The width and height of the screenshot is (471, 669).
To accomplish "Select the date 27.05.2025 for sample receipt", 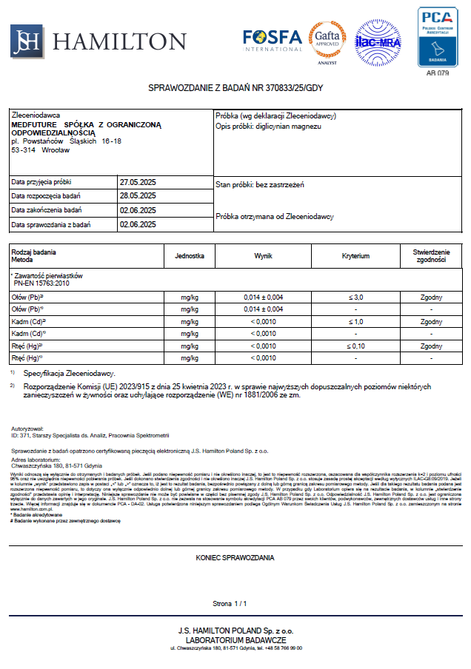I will coord(138,181).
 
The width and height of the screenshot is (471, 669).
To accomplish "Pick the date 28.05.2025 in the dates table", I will coord(138,196).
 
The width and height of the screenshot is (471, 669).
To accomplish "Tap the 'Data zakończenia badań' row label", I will coord(46,210).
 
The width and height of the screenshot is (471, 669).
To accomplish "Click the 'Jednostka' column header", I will coord(190,256).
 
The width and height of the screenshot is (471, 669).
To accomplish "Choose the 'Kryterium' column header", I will coord(355,256).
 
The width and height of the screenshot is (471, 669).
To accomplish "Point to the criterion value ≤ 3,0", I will coord(355,297).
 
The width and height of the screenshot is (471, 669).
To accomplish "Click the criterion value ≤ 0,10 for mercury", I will coord(355,346).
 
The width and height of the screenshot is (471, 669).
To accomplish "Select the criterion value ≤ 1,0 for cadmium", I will coord(355,322).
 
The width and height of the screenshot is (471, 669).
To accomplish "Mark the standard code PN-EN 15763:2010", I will coord(41,283).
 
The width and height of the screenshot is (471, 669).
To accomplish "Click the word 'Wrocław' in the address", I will coord(56,150).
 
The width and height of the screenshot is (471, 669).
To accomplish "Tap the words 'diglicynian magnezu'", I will coord(289,127).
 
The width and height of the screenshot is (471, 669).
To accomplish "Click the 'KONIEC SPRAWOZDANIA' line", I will coord(235,557).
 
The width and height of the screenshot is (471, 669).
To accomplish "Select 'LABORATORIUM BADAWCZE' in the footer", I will coord(235,639).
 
